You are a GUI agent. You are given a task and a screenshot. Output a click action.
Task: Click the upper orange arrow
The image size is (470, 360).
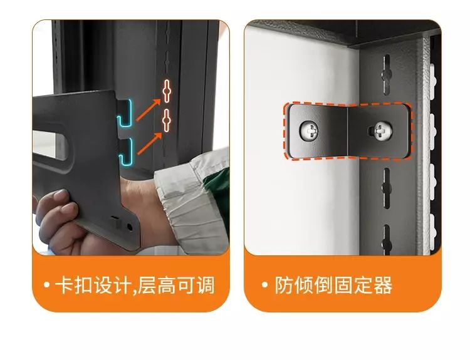pos(149,110)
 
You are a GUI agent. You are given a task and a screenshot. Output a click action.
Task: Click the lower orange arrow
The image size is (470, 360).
pos(150,144)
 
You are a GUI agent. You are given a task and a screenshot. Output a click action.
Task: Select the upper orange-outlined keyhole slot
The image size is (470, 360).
pos(167,91)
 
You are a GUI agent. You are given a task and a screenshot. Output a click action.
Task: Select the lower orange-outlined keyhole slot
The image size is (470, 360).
pos(166,120)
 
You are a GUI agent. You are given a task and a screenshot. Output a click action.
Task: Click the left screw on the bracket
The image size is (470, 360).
pos(309,131)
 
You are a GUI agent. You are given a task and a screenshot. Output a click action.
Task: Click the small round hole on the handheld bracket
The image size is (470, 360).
pos(130,227)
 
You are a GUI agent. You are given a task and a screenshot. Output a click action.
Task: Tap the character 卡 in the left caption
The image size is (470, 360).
pos(63,285)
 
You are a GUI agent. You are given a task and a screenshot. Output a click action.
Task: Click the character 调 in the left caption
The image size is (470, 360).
pos(206,285)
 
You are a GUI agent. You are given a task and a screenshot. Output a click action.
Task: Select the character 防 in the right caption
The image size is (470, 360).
pos(283,285)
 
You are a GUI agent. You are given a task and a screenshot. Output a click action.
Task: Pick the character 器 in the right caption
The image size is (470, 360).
pos(383,285)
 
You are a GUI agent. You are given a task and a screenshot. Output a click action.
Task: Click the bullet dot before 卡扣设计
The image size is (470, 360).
pos(46,284)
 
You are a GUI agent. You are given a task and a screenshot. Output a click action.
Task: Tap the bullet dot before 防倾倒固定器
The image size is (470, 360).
pos(264,284)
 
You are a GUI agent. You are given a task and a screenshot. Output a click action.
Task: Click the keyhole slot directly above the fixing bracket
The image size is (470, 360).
pos(387,75)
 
